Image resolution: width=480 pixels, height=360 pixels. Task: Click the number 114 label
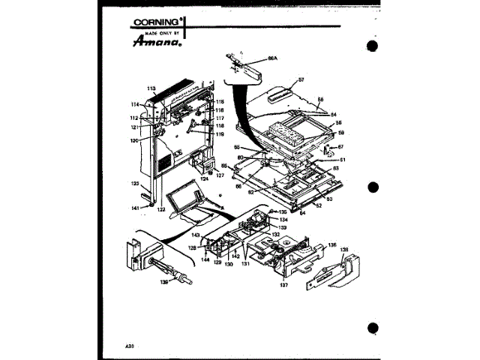pyautogui.click(x=136, y=104)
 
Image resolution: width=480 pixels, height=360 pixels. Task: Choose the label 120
pyautogui.click(x=133, y=140)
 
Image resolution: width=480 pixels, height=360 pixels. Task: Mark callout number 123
pyautogui.click(x=135, y=184)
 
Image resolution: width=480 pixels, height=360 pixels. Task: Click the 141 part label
pyautogui.click(x=135, y=208)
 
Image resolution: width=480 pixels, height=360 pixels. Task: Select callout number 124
pyautogui.click(x=204, y=179)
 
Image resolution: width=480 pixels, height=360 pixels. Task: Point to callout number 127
pyautogui.click(x=220, y=175)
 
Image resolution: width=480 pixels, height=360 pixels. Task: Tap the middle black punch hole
pyautogui.click(x=373, y=187)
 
